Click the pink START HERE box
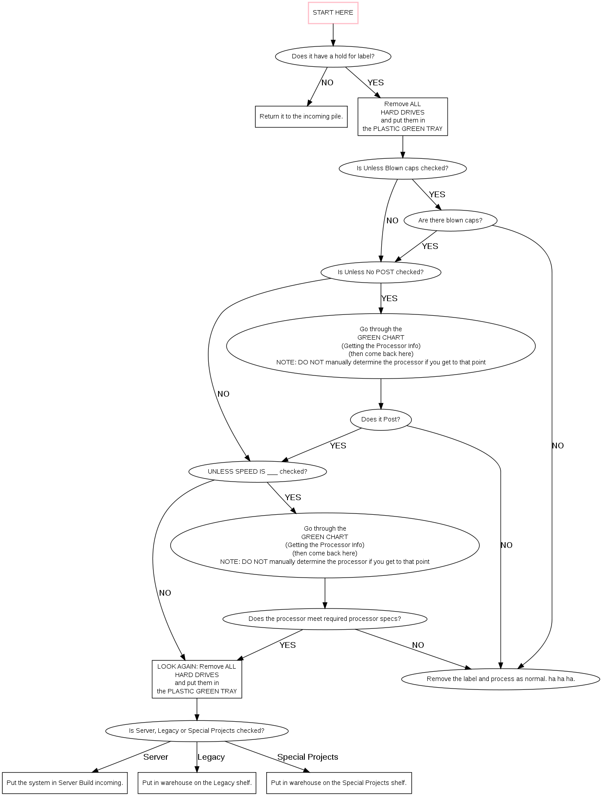click(333, 13)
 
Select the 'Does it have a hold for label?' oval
click(333, 57)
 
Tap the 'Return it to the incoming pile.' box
click(301, 117)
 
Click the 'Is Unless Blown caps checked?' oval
click(403, 168)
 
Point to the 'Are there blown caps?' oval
click(450, 221)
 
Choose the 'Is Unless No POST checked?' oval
click(380, 272)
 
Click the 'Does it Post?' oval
click(380, 420)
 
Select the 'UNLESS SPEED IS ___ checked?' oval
click(257, 472)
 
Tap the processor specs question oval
click(325, 619)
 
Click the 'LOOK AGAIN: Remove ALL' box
click(197, 679)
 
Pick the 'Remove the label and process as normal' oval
click(501, 679)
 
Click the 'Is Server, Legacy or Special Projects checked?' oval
click(197, 731)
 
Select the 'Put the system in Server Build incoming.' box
click(65, 783)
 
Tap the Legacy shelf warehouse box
click(197, 783)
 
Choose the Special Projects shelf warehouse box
click(339, 783)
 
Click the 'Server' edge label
click(156, 757)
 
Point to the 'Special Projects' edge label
click(307, 757)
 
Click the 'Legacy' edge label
click(211, 757)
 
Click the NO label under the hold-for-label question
click(327, 83)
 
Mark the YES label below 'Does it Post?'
click(338, 446)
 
